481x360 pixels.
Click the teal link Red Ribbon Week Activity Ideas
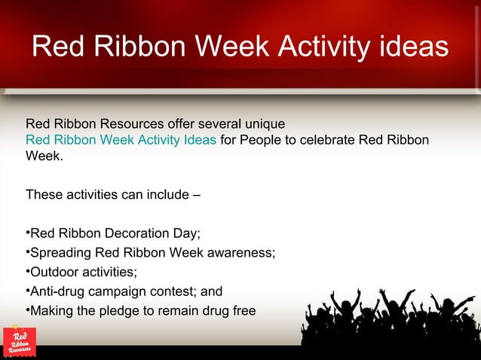[x=121, y=140]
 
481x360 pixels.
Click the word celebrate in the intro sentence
[x=329, y=140]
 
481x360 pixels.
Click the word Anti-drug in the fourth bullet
[x=57, y=291]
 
